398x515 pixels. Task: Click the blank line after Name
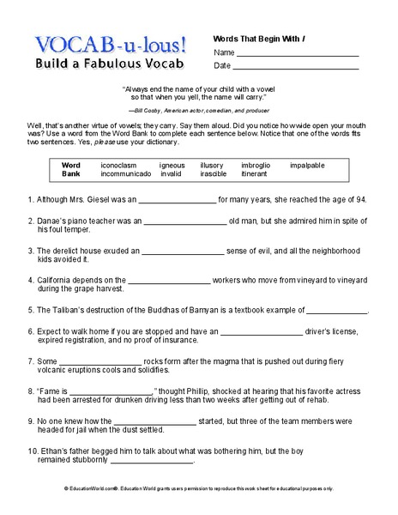click(x=296, y=54)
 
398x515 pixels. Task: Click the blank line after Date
click(x=296, y=67)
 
